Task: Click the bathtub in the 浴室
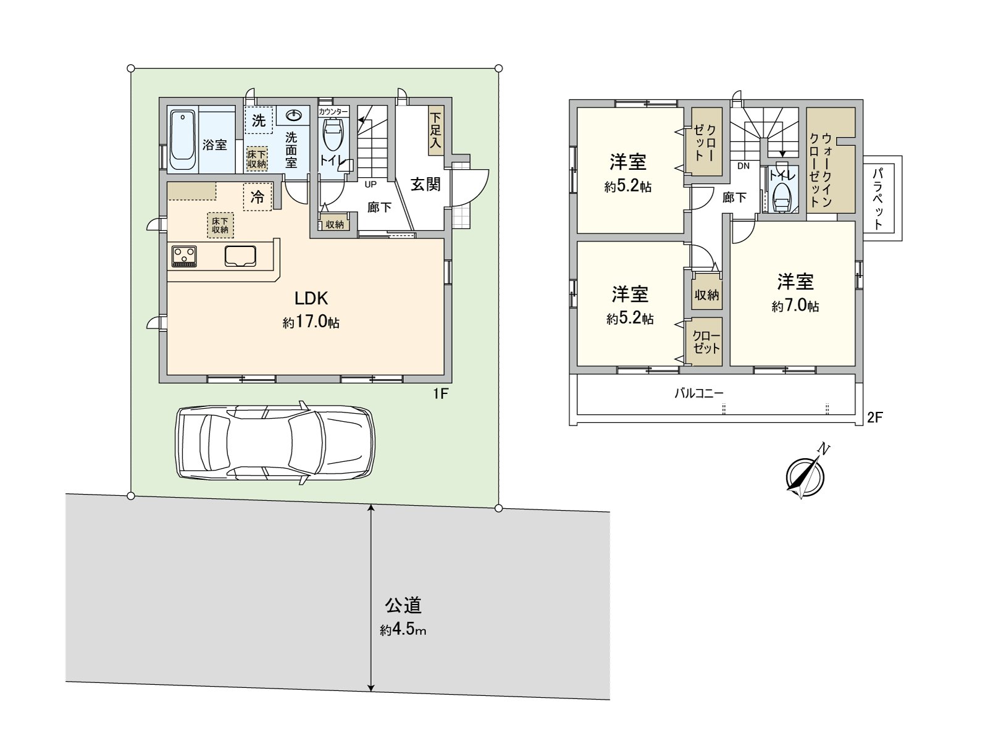(183, 140)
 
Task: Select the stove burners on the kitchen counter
(184, 256)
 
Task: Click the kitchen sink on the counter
(241, 256)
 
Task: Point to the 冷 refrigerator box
(257, 197)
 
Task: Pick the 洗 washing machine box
(259, 120)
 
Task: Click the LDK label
(311, 298)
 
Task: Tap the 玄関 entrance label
(426, 184)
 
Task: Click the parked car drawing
(275, 442)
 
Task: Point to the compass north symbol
(805, 476)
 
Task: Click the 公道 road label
(403, 605)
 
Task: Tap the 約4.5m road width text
(403, 630)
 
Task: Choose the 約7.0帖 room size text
(795, 306)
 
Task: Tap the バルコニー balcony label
(698, 393)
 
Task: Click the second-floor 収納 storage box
(706, 295)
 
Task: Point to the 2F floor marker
(874, 417)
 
